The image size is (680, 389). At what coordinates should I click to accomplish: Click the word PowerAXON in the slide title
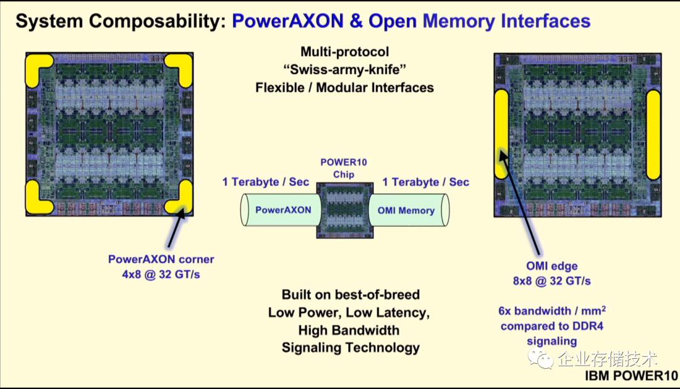[x=286, y=21]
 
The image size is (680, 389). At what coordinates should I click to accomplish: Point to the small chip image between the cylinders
[x=346, y=210]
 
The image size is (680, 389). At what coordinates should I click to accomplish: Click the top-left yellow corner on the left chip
[x=38, y=69]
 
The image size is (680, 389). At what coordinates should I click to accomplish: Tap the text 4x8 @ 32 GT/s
[x=161, y=274]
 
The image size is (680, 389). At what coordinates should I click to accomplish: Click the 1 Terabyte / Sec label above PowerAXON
[x=266, y=182]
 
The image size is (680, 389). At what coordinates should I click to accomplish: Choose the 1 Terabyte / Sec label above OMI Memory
[x=426, y=182]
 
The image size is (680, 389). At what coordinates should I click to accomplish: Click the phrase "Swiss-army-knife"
[x=344, y=69]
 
